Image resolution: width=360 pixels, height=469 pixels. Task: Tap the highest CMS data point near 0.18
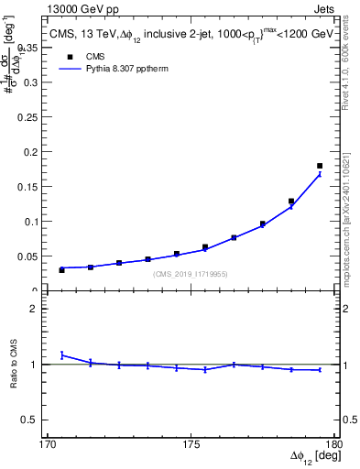click(x=320, y=166)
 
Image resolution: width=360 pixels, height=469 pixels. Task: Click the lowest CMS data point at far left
click(x=61, y=269)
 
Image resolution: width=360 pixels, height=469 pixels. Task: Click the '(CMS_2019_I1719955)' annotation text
click(x=191, y=274)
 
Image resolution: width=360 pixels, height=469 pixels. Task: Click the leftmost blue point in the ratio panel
click(x=61, y=354)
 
